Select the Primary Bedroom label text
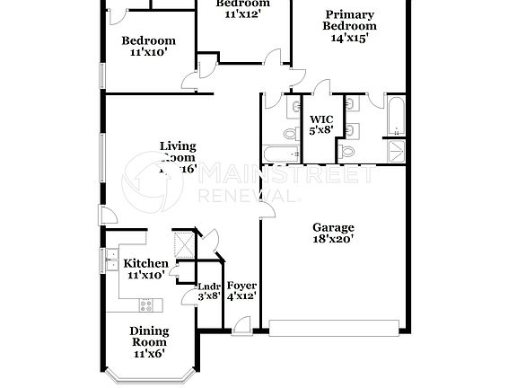pos(350,20)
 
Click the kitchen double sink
pos(111,262)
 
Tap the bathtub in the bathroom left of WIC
pos(279,154)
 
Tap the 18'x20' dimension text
pos(333,239)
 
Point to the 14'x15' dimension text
pos(350,39)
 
